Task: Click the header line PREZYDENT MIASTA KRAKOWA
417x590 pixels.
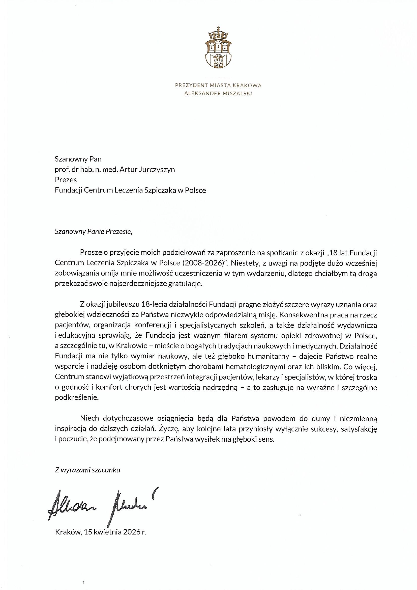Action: [218, 85]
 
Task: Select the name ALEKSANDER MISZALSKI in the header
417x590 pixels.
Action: [218, 94]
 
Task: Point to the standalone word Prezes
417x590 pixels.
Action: [66, 180]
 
